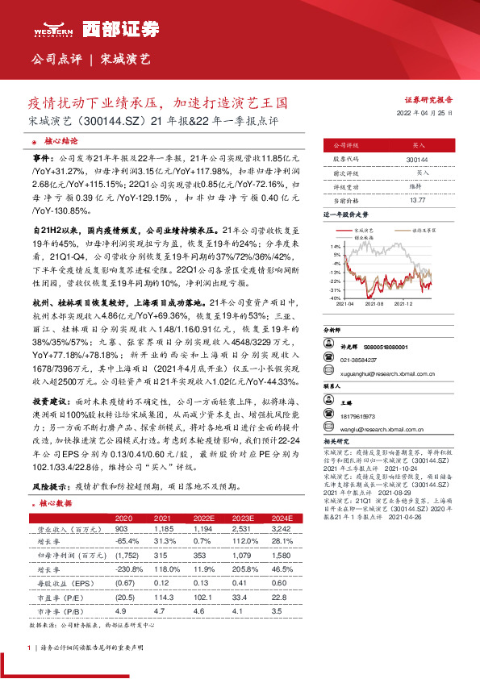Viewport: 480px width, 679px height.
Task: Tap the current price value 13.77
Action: coord(417,200)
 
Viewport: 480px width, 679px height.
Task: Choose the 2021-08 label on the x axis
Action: coord(374,304)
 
